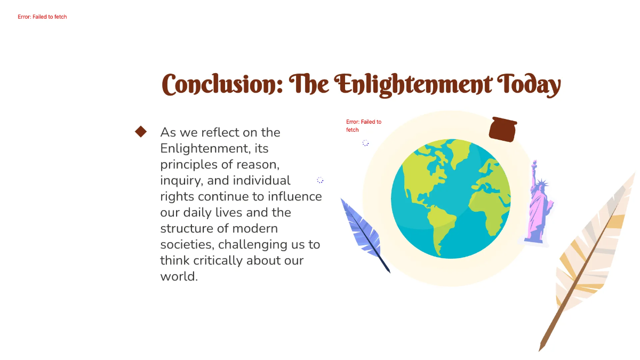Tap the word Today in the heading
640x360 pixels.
coord(529,84)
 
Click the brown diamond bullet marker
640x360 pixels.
coord(141,132)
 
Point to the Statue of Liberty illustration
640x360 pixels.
coord(538,205)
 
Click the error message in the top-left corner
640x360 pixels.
coord(42,17)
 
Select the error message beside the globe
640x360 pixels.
coord(363,126)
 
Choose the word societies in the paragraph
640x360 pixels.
coord(187,245)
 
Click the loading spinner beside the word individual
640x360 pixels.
coord(320,180)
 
